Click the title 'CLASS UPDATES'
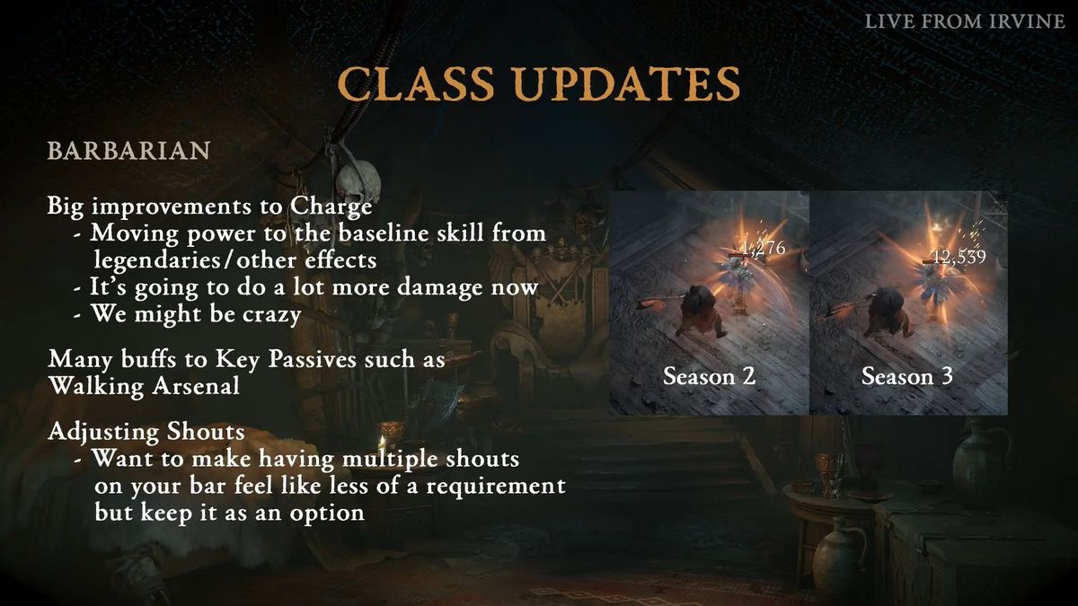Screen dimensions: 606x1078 click(539, 83)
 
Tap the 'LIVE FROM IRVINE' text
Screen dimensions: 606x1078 click(964, 22)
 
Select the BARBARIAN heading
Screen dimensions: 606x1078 click(128, 151)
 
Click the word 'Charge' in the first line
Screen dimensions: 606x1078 click(331, 206)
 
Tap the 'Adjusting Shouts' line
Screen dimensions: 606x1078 click(146, 432)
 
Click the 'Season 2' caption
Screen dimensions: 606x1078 click(709, 376)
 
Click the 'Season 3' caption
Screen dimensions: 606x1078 click(907, 376)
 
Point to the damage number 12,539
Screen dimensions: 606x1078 click(959, 258)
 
